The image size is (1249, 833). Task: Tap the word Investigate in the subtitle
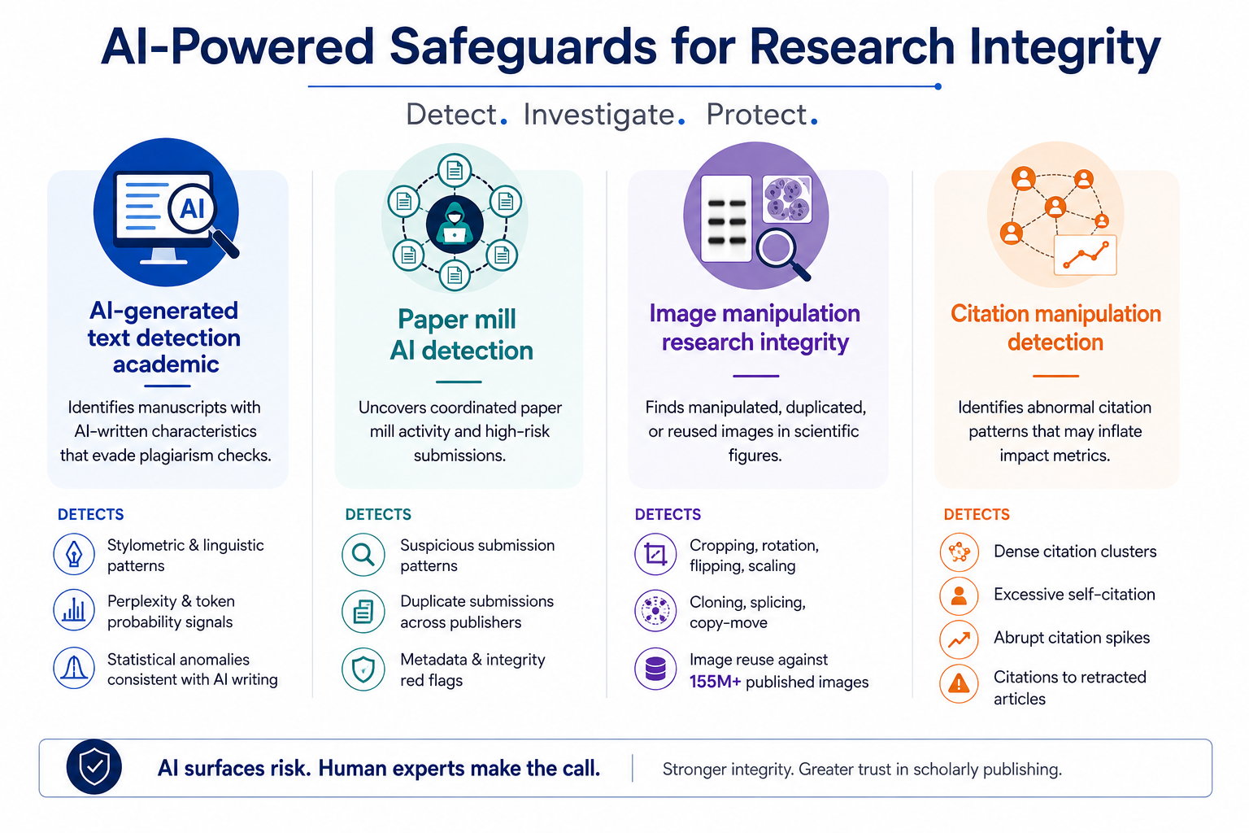598,115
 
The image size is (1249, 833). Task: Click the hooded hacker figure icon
455,224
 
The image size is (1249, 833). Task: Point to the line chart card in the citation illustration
1085,255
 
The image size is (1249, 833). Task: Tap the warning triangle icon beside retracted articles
959,683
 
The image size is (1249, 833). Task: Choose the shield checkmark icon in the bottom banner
94,767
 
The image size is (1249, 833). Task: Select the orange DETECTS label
977,514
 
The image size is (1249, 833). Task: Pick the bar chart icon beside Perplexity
74,610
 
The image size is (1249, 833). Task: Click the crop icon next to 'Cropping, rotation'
655,555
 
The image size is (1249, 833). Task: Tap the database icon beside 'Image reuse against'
655,669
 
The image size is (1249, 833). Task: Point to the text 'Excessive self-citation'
1074,594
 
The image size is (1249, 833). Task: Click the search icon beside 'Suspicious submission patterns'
363,555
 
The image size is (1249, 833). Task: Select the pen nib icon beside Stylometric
74,554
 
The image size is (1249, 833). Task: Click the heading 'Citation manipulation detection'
1055,328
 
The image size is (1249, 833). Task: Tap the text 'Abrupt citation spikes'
1072,637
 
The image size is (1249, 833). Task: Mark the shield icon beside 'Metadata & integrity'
363,669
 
